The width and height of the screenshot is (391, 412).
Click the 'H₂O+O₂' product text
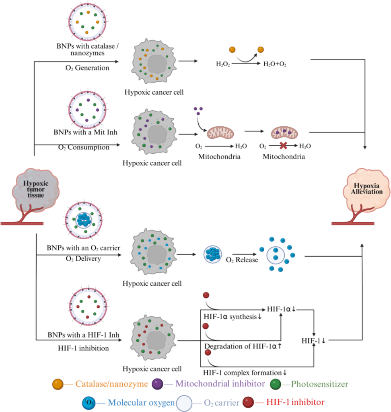click(x=275, y=63)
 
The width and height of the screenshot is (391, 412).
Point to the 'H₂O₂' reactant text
click(x=223, y=63)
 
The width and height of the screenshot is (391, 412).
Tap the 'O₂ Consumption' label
click(x=84, y=148)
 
